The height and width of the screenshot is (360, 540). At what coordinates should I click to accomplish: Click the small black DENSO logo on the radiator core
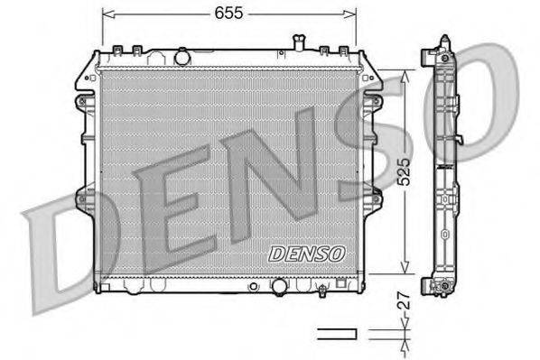coord(305,254)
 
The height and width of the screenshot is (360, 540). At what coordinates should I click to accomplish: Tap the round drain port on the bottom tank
coord(279,287)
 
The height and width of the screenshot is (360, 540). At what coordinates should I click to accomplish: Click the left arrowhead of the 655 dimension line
coord(107,14)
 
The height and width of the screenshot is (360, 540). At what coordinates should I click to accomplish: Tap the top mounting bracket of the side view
coord(444,46)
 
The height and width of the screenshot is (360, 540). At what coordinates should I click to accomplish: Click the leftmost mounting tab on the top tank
coord(119,50)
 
